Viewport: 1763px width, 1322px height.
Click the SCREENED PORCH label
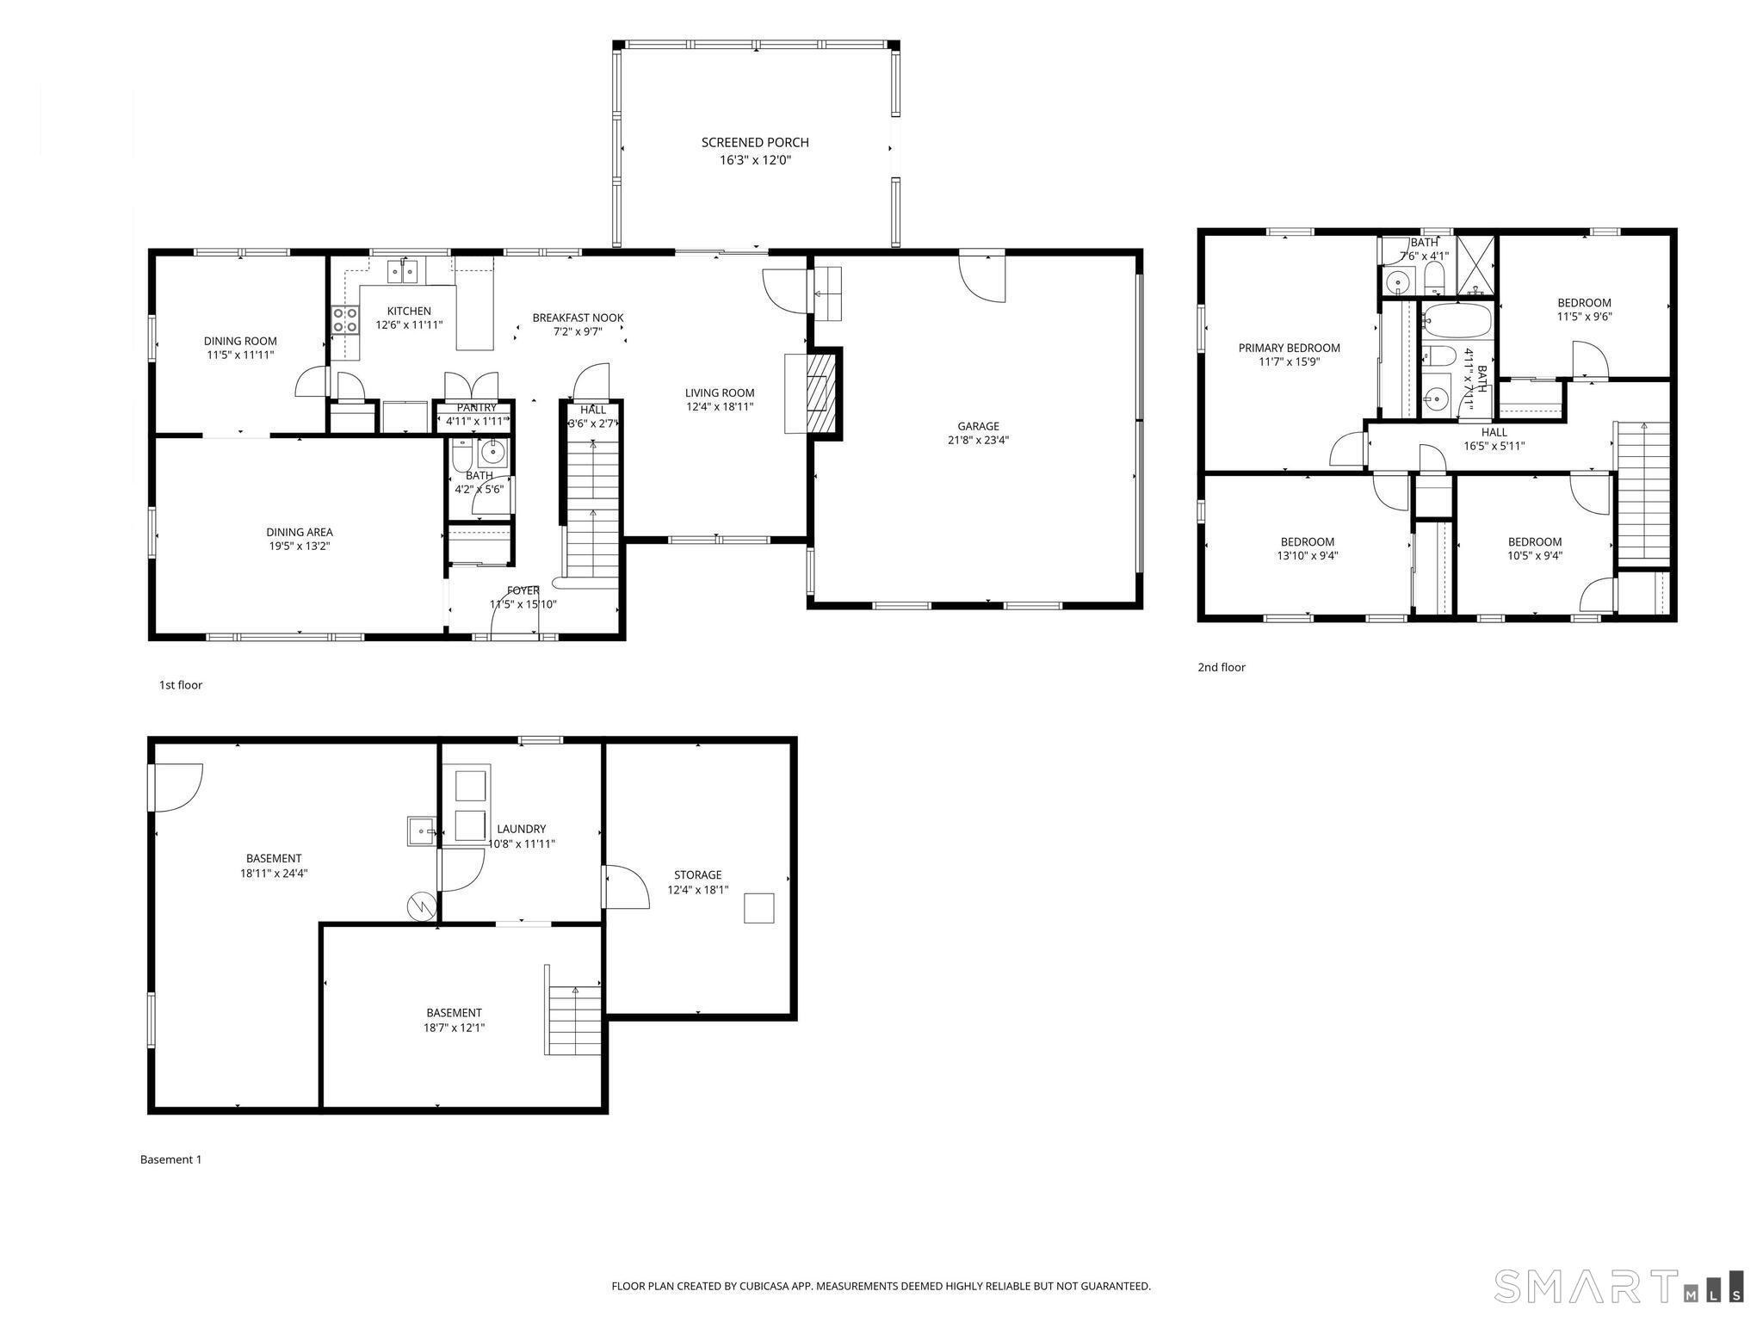(x=755, y=143)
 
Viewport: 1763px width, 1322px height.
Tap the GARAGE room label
(x=979, y=426)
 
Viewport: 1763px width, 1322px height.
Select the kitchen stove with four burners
(x=346, y=321)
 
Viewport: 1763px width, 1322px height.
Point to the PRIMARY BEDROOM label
(x=1289, y=349)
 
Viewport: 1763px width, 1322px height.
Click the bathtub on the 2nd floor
(x=1457, y=321)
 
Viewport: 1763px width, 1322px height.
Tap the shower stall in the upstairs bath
(x=1475, y=266)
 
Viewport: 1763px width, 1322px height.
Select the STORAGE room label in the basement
(x=697, y=875)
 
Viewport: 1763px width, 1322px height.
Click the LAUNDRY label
(x=522, y=830)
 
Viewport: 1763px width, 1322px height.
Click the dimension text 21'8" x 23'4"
(x=978, y=441)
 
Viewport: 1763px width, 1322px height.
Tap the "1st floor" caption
(x=181, y=685)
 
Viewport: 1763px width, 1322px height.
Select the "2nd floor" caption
(x=1222, y=667)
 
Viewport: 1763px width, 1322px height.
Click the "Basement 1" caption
(x=171, y=1159)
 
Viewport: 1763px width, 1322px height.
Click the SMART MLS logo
(x=1619, y=1286)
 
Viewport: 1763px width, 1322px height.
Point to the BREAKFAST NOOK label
(x=578, y=318)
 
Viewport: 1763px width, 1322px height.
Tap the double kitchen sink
(x=402, y=271)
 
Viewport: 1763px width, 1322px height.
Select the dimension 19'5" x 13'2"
(x=299, y=547)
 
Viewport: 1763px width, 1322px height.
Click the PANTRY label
(x=477, y=408)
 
